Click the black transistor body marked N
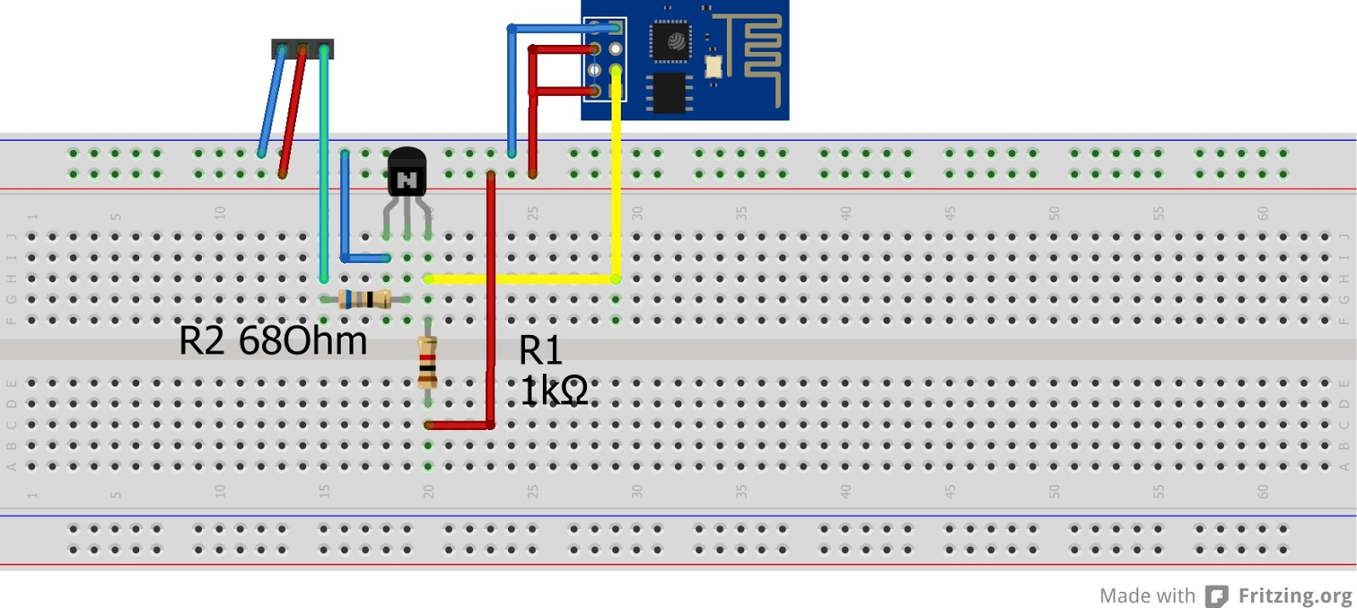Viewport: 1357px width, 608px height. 406,174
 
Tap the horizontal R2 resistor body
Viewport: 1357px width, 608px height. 365,298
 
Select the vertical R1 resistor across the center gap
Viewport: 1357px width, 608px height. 427,362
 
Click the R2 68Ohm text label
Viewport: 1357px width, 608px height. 272,341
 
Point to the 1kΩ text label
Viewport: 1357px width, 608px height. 554,391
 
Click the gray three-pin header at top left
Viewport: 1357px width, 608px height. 302,48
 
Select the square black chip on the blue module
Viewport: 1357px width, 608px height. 670,41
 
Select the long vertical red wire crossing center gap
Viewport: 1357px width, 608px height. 491,297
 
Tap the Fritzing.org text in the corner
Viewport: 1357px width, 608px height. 1294,595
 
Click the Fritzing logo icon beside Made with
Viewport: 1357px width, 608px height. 1217,596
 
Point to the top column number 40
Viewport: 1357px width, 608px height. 846,213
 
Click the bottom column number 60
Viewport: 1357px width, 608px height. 1263,491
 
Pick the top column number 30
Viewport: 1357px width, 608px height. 637,213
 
